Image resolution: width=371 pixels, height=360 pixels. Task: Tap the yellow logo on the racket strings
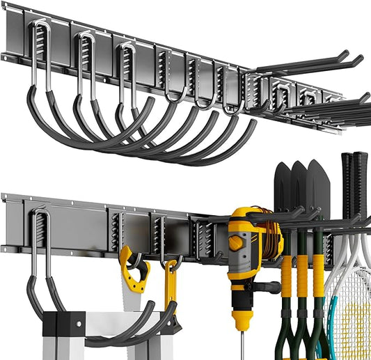click(354, 327)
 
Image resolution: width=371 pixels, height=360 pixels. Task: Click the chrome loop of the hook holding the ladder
click(38, 237)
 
